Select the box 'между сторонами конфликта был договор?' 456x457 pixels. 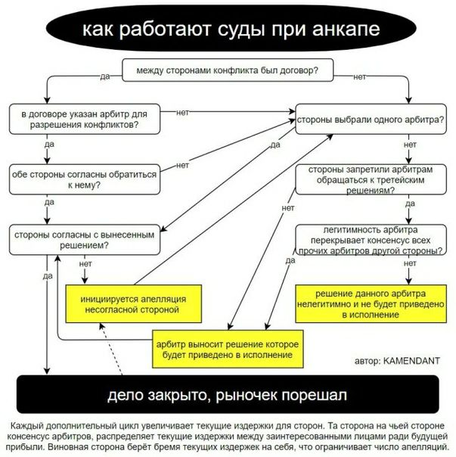coord(226,71)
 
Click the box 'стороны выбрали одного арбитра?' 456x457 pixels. coord(369,119)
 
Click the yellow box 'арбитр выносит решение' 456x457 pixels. coord(228,349)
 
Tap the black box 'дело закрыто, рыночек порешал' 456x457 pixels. coord(227,396)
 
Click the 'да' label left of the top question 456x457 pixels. coord(104,76)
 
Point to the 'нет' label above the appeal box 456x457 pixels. coord(85,264)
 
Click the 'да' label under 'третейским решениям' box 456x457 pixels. coord(410,204)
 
